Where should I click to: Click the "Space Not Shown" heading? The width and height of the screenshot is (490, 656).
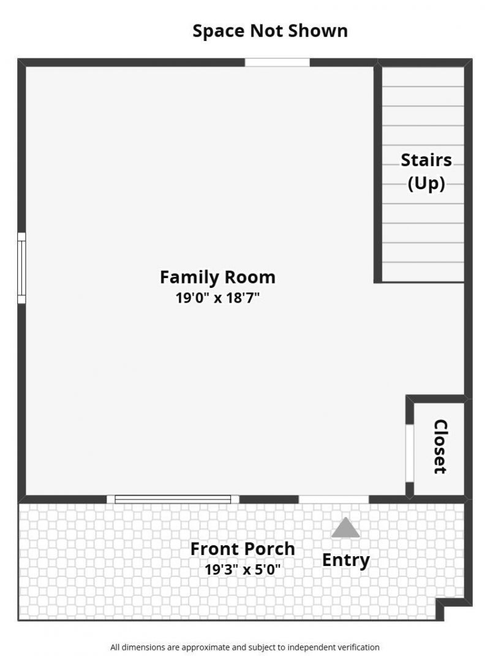coord(269,31)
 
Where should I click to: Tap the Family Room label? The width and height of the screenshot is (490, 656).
coord(217,277)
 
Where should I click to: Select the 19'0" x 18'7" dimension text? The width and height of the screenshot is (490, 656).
coord(217,298)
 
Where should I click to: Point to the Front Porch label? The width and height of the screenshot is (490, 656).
coord(243,548)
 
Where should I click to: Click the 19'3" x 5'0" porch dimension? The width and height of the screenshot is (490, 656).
coord(243,569)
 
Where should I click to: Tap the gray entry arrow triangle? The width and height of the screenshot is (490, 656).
coord(345,528)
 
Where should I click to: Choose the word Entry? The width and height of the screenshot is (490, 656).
coord(345,560)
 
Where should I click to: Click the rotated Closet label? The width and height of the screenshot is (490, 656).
coord(440,447)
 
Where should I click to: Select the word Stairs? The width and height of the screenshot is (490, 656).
coord(426,160)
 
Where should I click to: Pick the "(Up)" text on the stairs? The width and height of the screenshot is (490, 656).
coord(426,184)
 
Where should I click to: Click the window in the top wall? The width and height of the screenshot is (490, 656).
coord(277,62)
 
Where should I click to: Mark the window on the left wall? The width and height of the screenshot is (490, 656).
coord(21,268)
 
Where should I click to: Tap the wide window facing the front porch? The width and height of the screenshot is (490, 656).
coord(173,499)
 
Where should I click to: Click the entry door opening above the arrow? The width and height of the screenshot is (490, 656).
coord(334,499)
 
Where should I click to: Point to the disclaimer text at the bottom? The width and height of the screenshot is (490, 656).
coord(245,647)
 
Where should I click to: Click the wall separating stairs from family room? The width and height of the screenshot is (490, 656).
coord(378,175)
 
